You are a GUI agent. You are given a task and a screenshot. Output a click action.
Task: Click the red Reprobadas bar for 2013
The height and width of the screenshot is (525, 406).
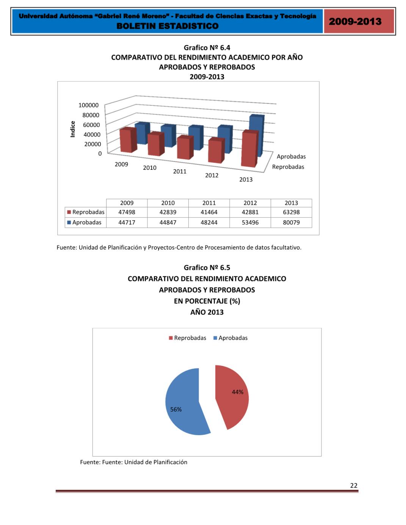tap(249, 150)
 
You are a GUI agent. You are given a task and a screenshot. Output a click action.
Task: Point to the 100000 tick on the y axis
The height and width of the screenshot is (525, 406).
tap(88, 105)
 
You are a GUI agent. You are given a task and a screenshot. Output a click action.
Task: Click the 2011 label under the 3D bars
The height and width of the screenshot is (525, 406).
tap(180, 171)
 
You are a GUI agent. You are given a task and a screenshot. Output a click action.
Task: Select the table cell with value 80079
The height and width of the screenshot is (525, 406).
tap(291, 223)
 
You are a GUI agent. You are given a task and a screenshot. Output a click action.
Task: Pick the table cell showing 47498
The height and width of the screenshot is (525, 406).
tap(127, 212)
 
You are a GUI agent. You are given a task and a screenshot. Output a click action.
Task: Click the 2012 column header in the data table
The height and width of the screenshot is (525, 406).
tap(250, 203)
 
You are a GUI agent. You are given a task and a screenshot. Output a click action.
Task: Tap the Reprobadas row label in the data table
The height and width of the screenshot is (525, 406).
tap(88, 212)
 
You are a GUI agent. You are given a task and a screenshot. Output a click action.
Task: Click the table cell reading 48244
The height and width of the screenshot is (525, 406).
tap(209, 223)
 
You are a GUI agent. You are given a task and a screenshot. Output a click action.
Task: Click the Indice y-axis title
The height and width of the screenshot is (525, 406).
tap(73, 129)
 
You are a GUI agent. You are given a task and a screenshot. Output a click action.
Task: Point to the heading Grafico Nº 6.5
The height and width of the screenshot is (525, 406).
tap(207, 268)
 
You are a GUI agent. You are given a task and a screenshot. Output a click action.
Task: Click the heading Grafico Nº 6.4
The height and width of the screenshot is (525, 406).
tap(207, 48)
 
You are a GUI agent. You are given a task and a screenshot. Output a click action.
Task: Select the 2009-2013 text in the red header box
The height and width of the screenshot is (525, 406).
tap(355, 21)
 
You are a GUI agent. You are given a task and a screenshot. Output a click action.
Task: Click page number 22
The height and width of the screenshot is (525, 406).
tap(353, 486)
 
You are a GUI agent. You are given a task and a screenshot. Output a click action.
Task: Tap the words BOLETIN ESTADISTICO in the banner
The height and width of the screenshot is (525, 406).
tap(167, 26)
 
